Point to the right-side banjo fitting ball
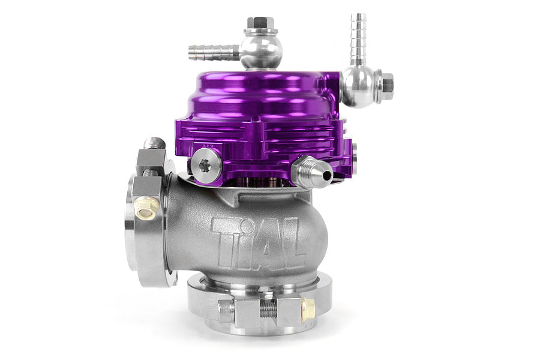coord(359,86)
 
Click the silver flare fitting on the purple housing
coord(312,173)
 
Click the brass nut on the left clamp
coord(146,208)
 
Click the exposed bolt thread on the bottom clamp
coord(268,309)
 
